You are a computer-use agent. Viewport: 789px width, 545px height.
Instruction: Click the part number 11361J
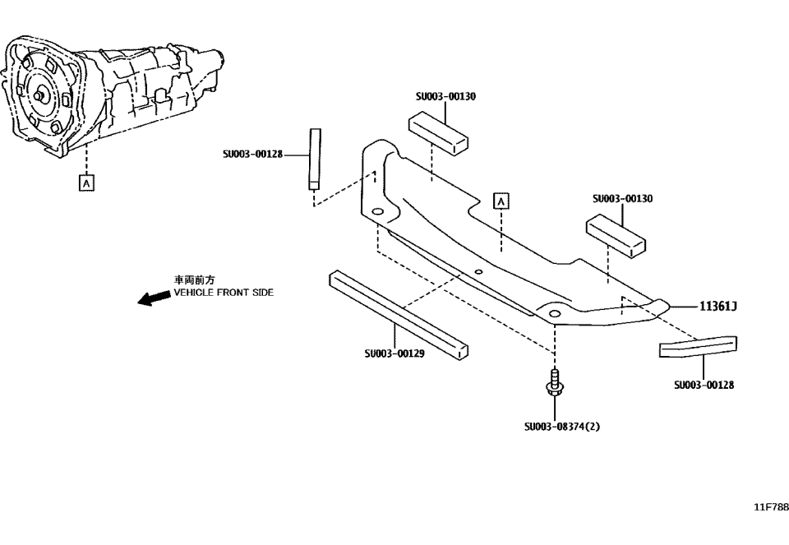click(717, 307)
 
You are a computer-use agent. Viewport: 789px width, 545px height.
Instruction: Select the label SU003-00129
click(394, 354)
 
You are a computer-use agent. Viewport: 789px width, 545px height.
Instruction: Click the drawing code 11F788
click(771, 507)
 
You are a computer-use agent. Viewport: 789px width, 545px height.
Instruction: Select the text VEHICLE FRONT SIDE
click(224, 293)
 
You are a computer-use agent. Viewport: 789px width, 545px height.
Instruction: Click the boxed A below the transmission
click(85, 182)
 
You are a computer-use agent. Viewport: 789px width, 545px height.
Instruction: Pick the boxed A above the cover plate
click(501, 200)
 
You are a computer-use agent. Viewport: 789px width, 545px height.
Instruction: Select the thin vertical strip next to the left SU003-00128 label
click(313, 158)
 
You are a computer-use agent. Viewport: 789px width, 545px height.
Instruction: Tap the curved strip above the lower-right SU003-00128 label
click(699, 348)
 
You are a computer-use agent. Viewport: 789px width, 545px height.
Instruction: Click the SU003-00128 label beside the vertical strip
click(252, 153)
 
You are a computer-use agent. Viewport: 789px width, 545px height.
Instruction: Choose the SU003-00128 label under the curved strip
click(704, 384)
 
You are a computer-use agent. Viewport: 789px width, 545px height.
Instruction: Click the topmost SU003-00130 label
click(445, 96)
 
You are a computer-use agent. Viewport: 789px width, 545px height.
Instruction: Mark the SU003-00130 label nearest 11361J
click(622, 199)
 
